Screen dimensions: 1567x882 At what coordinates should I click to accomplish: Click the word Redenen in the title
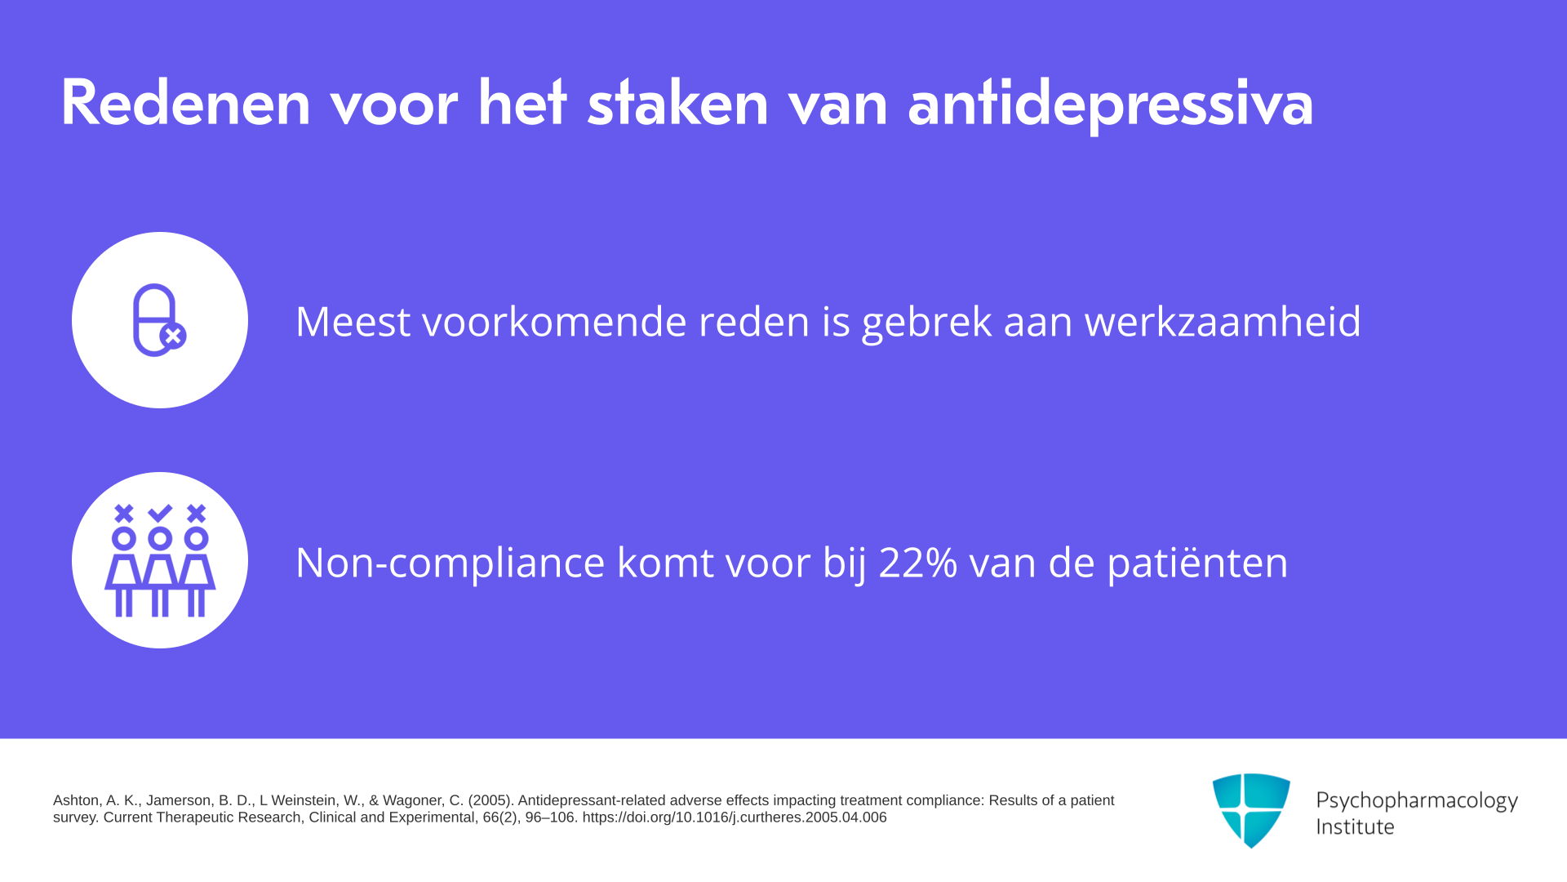[186, 103]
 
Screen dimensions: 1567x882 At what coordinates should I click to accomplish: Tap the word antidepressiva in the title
[1111, 105]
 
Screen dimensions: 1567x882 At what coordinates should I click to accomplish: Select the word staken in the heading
[678, 103]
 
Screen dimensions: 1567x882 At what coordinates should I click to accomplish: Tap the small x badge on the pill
[173, 336]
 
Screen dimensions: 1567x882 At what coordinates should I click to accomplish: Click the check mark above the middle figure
[160, 513]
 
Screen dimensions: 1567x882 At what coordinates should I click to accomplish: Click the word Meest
[353, 321]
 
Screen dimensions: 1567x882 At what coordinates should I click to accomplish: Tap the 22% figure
[918, 563]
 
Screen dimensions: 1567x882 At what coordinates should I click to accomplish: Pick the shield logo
[1251, 810]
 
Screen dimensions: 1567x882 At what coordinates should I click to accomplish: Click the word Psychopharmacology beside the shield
[1417, 801]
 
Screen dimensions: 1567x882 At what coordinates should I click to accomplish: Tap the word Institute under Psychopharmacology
[1355, 826]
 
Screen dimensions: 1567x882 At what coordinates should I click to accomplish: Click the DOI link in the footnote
[735, 817]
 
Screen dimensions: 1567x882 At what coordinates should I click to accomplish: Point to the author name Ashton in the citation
[76, 800]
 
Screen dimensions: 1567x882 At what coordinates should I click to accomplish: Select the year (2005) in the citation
[491, 800]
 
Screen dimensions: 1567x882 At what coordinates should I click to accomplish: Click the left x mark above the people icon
[124, 513]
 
